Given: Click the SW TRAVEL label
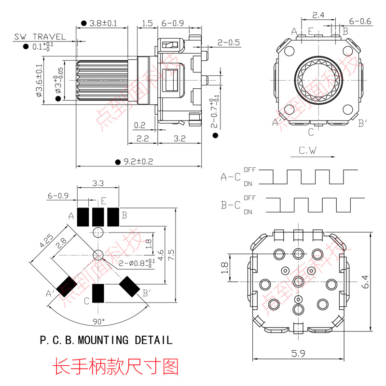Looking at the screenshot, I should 40,36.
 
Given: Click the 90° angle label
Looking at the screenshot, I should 98,320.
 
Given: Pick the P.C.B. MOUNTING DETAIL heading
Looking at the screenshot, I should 106,340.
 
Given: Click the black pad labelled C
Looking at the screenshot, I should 98,293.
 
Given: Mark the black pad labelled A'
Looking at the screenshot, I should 67,286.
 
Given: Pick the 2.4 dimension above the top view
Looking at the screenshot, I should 318,15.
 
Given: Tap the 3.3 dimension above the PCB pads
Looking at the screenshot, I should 97,183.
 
